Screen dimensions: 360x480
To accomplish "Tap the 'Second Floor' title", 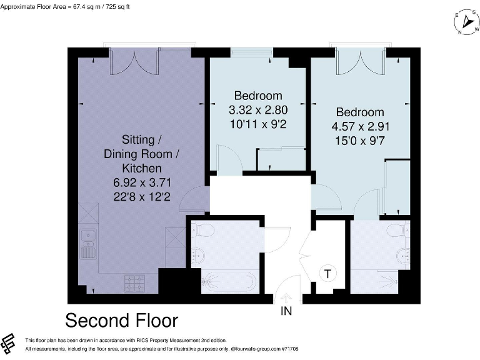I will pos(122,321).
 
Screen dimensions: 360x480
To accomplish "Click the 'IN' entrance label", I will pos(286,310).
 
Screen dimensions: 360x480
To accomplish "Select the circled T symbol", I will pos(327,273).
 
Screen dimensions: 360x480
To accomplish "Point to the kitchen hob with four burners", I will pos(135,283).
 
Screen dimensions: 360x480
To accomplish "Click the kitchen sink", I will pos(88,237).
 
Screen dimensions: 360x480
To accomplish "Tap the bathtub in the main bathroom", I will pos(228,282).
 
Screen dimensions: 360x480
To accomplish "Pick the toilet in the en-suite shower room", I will pos(396,232).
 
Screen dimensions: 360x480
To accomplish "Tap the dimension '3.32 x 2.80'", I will pos(257,110).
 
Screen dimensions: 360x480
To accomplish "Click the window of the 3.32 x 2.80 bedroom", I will pos(251,52).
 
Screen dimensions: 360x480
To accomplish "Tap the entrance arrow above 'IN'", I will pos(286,298).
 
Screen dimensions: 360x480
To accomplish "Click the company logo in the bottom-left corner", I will pos(9,343).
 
